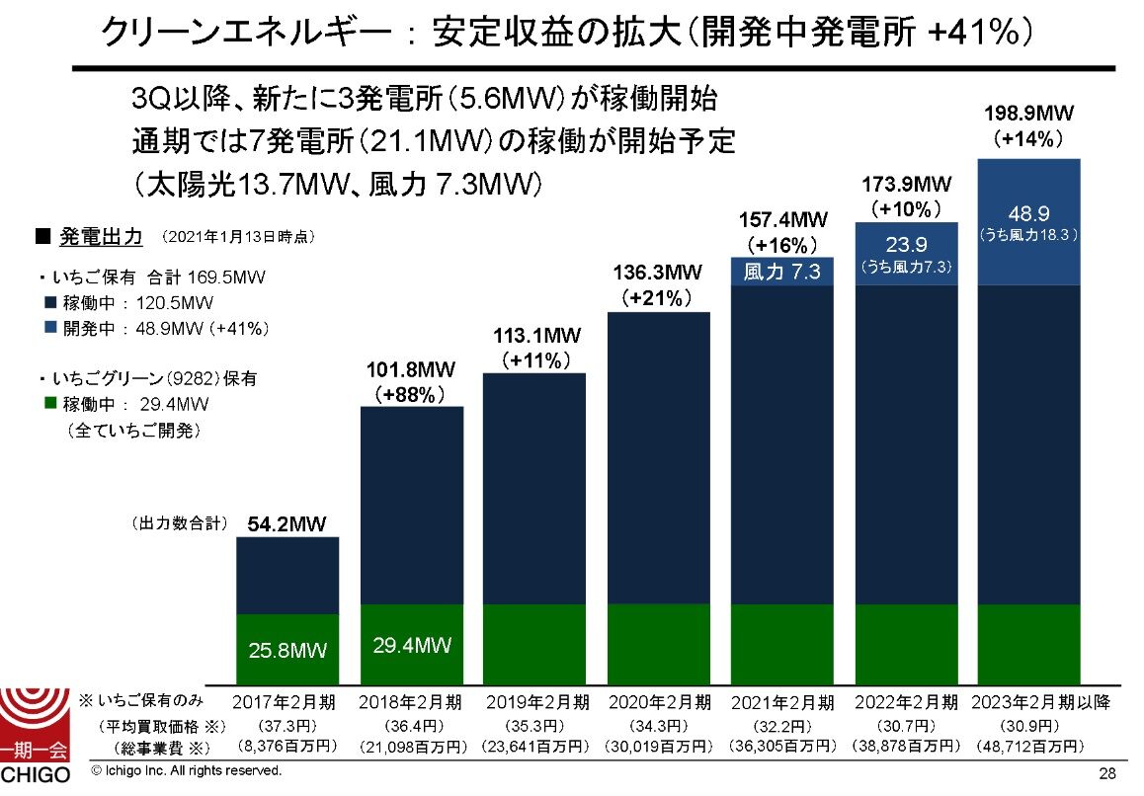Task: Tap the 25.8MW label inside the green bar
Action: coord(287,651)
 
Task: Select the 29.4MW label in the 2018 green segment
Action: coord(412,646)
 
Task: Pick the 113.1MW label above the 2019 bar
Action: coord(534,338)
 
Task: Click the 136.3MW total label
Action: coord(658,272)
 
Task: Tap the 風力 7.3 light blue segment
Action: coord(782,273)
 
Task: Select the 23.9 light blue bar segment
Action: coord(906,254)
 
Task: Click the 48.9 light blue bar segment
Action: coord(1028,222)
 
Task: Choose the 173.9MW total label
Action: coord(906,184)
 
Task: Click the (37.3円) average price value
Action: coord(286,725)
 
